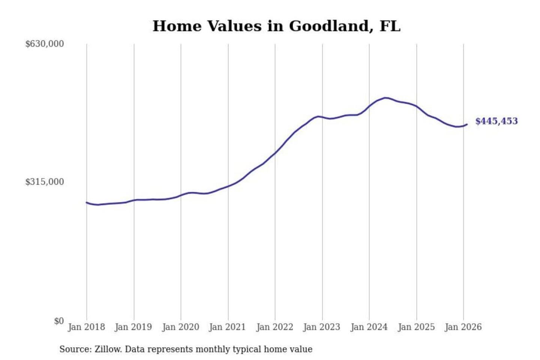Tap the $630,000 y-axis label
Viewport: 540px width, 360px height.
pos(45,44)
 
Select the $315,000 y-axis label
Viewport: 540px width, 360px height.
pos(45,182)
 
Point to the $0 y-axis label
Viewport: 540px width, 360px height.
pos(59,321)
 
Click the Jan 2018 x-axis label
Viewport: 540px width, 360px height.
pos(86,327)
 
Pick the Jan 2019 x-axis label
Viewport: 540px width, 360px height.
pos(133,327)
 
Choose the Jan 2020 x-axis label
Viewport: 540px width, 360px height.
pos(180,327)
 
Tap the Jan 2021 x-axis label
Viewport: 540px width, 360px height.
pos(227,327)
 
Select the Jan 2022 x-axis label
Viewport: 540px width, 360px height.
pos(274,327)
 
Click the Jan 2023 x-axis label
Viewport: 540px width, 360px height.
pos(322,327)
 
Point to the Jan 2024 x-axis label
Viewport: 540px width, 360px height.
pos(369,327)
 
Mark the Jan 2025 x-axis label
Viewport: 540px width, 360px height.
pos(416,327)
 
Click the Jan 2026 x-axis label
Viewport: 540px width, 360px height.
pos(463,327)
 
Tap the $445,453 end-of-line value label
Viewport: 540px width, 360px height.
pos(496,121)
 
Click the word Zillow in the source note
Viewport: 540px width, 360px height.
pos(108,349)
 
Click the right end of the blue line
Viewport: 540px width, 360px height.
pos(467,124)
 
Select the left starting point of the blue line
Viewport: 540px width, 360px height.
pos(87,202)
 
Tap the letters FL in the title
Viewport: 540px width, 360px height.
pos(390,26)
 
